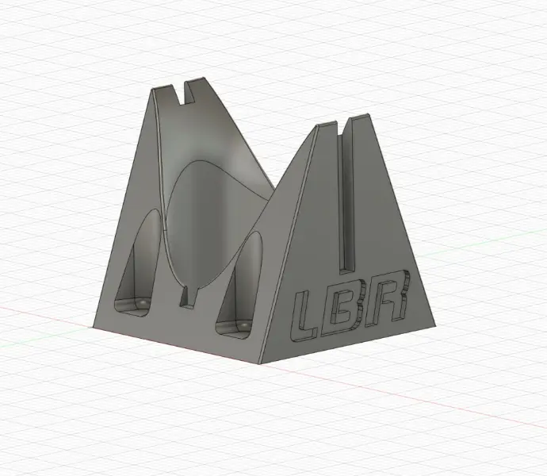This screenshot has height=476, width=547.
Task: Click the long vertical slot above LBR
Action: tap(346, 196)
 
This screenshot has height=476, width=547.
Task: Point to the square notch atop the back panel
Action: tap(184, 94)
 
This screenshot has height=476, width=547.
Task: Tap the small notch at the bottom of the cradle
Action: tap(188, 297)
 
